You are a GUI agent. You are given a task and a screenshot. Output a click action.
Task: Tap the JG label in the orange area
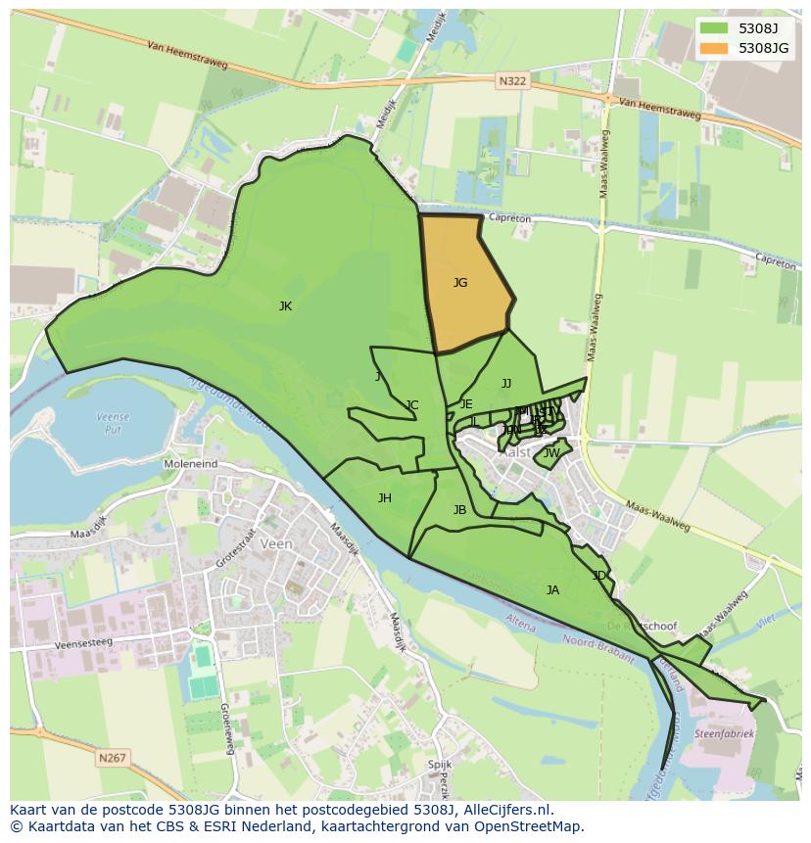point(460,283)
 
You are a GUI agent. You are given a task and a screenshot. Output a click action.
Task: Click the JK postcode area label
point(285,306)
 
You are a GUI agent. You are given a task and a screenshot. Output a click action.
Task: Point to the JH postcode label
point(385,498)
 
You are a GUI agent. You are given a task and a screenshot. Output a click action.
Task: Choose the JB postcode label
point(459,510)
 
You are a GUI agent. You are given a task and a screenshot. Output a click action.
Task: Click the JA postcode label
point(552,590)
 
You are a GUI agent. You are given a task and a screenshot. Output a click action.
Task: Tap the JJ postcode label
point(506,384)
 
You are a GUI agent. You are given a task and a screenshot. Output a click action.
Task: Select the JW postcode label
point(551,453)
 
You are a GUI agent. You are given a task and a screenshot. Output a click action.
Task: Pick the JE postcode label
point(466,404)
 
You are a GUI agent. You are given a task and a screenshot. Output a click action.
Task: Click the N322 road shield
point(511,82)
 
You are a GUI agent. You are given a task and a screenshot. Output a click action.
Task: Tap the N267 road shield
point(113,758)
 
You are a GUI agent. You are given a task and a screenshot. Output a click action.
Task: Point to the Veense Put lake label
point(113,423)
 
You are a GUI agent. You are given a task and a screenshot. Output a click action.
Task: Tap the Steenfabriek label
point(727,733)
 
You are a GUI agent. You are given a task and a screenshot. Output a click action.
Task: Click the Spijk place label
point(439,764)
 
